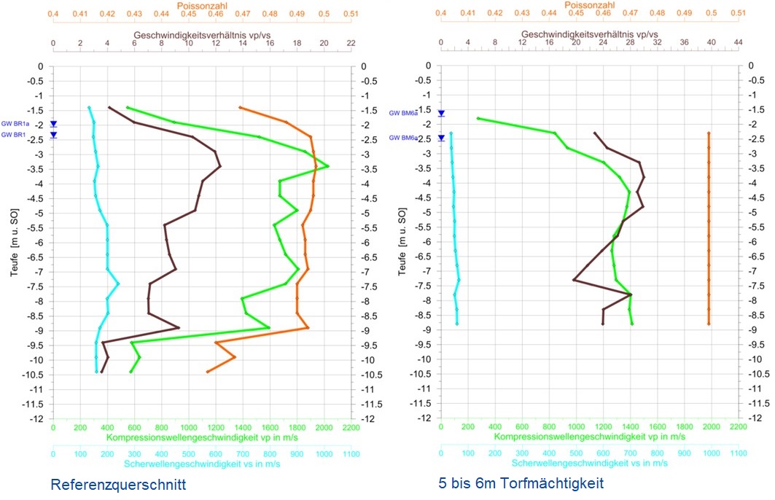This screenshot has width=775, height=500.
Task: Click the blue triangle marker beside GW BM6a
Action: click(x=441, y=113)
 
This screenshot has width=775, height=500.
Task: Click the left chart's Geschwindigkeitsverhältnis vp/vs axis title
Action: click(x=201, y=35)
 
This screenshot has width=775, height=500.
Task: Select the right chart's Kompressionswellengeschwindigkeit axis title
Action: click(x=589, y=437)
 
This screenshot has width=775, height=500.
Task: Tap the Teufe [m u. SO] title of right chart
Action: click(x=402, y=242)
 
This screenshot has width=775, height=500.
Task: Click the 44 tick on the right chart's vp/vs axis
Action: click(x=738, y=44)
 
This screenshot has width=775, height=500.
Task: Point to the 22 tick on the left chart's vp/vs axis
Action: click(x=351, y=44)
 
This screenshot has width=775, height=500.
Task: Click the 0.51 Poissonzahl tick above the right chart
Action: click(x=738, y=14)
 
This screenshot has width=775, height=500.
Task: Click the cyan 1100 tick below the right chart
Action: click(x=738, y=453)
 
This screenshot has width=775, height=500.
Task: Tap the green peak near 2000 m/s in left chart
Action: click(x=328, y=166)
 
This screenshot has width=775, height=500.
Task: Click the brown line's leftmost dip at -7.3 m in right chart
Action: click(x=575, y=279)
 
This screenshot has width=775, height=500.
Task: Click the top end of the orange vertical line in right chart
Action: click(x=709, y=133)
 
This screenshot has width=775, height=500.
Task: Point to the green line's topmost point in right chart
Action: click(x=478, y=118)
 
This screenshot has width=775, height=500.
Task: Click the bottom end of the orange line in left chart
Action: click(x=208, y=372)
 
